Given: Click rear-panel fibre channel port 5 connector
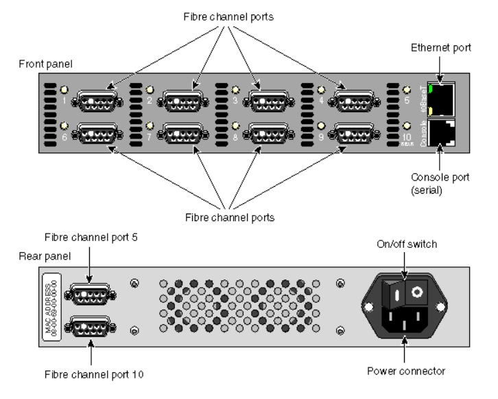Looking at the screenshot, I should coord(88,295).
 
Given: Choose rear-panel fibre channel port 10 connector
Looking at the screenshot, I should coord(88,324).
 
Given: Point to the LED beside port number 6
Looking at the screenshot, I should coord(64,126).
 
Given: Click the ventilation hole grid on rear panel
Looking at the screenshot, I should coord(237,306).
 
